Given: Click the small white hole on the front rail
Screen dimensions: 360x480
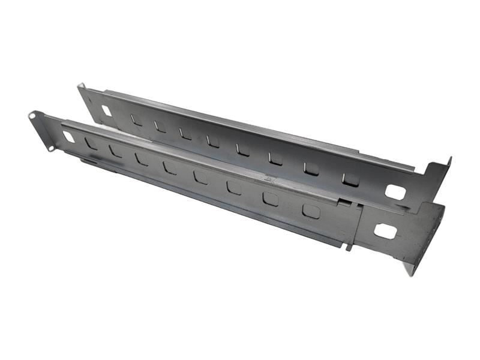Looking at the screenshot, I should [x=69, y=137].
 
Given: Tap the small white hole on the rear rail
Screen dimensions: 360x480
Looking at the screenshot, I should [x=107, y=110].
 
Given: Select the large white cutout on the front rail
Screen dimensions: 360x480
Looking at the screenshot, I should [x=385, y=230].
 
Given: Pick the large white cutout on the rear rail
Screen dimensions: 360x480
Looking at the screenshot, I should [x=395, y=192].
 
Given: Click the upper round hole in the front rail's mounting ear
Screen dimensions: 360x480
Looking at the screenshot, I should [x=32, y=114].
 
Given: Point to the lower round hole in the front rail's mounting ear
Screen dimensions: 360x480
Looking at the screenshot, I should [x=52, y=148].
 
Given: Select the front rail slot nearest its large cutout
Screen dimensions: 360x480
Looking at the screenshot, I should [x=311, y=211].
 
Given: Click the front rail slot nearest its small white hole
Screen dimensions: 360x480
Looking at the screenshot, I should [x=91, y=143].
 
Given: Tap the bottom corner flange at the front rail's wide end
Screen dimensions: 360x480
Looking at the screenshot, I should [x=410, y=268].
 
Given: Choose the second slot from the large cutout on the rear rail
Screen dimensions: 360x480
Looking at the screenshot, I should [x=311, y=169].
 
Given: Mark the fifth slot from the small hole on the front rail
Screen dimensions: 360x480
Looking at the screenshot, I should [x=200, y=176].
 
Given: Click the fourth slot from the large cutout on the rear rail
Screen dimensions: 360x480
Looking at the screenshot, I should [x=243, y=149].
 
